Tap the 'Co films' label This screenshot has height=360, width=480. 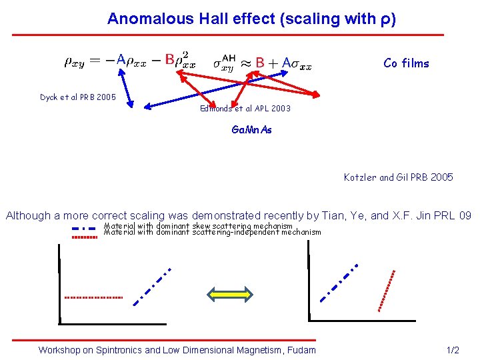(406, 63)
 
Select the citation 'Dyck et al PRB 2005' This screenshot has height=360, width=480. (77, 97)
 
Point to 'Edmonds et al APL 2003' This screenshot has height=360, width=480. (245, 108)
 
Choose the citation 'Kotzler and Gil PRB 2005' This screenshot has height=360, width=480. (398, 177)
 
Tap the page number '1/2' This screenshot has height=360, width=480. (452, 350)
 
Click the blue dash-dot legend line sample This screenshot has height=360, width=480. (85, 228)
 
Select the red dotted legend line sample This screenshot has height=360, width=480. (85, 236)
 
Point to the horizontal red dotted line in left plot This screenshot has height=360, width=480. (93, 297)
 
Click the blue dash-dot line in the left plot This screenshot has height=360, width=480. (152, 287)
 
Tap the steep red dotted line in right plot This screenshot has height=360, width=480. (387, 290)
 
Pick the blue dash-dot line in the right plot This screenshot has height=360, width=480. (339, 283)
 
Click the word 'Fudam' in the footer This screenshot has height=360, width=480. (300, 350)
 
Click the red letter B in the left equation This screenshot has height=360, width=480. (169, 59)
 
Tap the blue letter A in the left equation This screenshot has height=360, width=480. (121, 59)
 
